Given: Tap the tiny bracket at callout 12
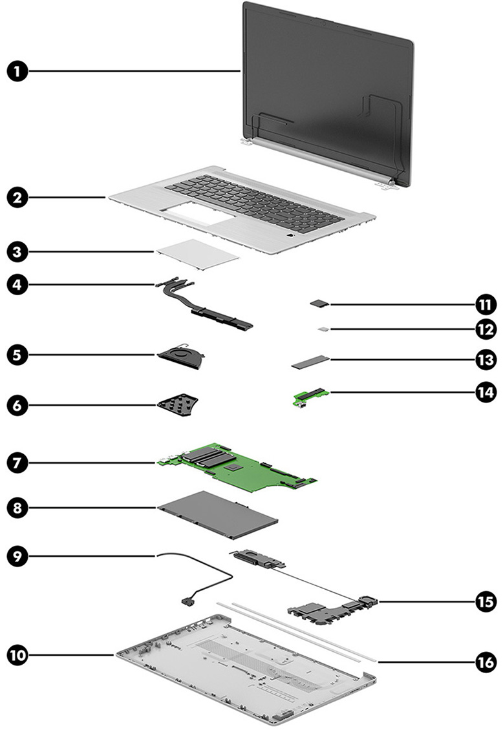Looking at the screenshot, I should click(323, 329).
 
